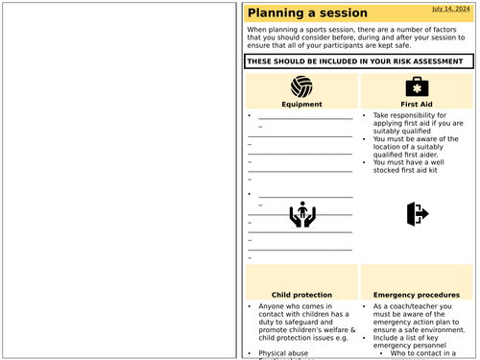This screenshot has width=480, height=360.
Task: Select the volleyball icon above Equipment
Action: (x=301, y=86)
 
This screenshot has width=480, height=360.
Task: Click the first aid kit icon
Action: (x=417, y=86)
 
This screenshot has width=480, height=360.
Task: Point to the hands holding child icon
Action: (x=302, y=214)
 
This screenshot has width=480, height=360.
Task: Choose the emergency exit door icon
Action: (x=417, y=213)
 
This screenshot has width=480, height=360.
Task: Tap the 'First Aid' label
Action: (x=417, y=104)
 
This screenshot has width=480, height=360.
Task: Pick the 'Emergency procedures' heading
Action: (x=417, y=295)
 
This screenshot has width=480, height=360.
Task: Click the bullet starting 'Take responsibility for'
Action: (x=412, y=115)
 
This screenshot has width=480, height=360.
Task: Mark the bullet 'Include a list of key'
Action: (x=415, y=338)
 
